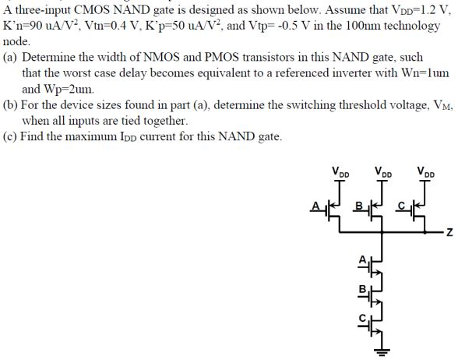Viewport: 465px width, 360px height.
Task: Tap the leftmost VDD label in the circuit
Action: tap(340, 171)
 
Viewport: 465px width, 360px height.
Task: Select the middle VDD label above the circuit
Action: tap(382, 171)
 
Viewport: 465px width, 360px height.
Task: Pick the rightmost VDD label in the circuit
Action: tap(426, 171)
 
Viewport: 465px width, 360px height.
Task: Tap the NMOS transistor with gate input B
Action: tap(375, 291)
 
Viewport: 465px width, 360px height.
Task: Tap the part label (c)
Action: tap(12, 138)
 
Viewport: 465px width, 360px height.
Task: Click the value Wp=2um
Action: tap(71, 90)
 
